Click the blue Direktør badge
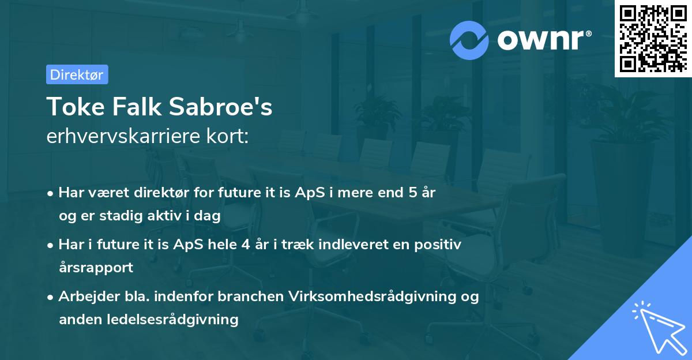click(77, 74)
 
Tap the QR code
click(652, 38)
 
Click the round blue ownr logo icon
click(469, 40)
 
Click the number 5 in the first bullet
click(412, 193)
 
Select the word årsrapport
click(96, 267)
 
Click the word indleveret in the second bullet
click(363, 245)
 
